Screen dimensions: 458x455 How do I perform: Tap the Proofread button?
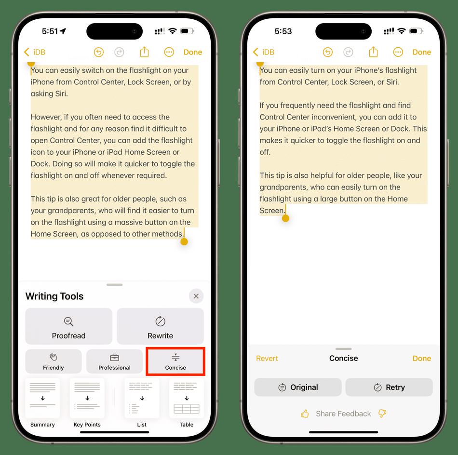(x=68, y=326)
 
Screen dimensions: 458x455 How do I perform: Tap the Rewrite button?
(x=160, y=326)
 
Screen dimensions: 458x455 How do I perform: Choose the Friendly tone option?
(x=54, y=361)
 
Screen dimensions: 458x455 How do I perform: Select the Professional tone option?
(x=115, y=361)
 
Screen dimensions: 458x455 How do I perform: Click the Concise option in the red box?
(x=175, y=361)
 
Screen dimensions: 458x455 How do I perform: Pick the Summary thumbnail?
(x=42, y=398)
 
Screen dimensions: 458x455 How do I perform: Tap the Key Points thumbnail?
(x=87, y=398)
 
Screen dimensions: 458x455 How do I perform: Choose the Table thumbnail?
(x=187, y=398)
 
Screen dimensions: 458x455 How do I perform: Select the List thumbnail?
(x=142, y=398)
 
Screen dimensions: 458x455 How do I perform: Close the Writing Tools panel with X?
(x=196, y=296)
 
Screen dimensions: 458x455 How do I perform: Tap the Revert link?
(x=267, y=358)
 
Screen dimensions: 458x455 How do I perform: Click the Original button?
(x=298, y=387)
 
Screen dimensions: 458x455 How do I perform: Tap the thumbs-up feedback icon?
(x=305, y=414)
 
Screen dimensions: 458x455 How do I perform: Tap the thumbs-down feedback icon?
(x=382, y=414)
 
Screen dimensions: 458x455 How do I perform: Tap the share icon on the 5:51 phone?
(x=144, y=52)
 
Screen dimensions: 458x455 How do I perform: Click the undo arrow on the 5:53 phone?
(x=328, y=52)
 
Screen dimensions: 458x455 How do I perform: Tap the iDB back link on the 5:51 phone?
(x=35, y=52)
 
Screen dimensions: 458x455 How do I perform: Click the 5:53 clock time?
(x=283, y=31)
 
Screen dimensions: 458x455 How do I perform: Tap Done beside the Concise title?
(x=421, y=358)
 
